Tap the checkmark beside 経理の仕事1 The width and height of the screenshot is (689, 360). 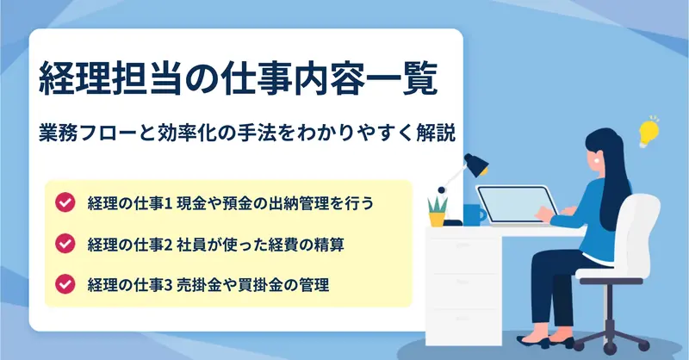point(65,202)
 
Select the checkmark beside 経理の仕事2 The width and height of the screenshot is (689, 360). point(65,244)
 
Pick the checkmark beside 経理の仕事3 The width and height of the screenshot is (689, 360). point(65,284)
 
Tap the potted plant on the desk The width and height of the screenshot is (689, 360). point(438,212)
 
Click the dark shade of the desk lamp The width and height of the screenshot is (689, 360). point(476,164)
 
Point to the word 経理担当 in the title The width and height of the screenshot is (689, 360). point(110,80)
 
